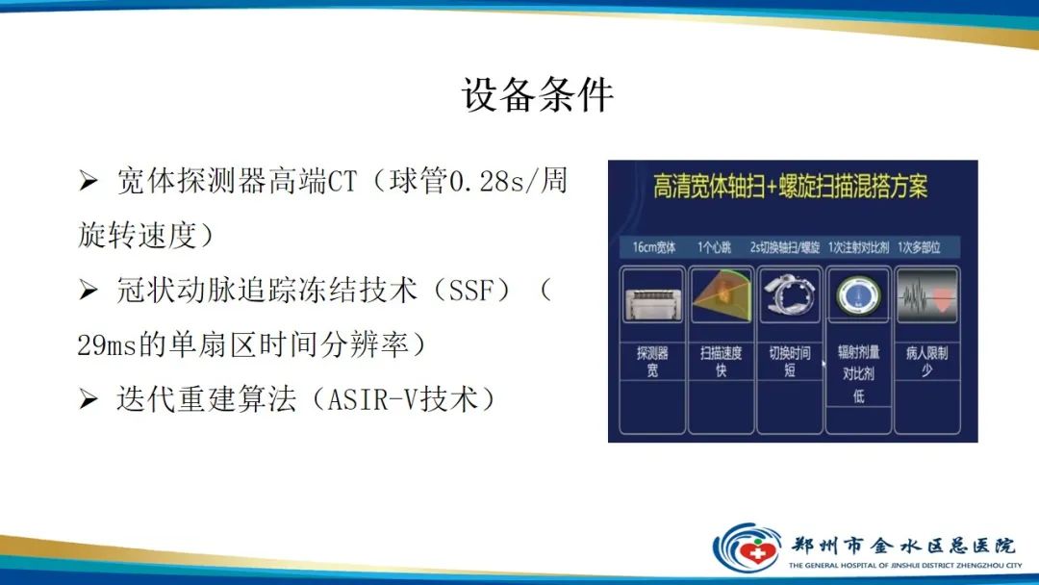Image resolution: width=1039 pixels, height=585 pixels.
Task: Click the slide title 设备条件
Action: click(x=537, y=95)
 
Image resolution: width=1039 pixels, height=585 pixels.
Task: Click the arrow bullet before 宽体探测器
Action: click(x=89, y=182)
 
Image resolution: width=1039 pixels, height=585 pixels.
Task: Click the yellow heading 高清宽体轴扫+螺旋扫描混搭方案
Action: click(x=791, y=187)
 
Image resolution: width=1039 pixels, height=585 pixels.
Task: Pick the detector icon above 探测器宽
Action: click(x=651, y=294)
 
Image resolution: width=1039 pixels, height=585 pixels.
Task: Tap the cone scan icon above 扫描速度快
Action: click(x=721, y=294)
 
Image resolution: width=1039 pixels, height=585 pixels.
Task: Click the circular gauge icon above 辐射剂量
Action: click(x=859, y=294)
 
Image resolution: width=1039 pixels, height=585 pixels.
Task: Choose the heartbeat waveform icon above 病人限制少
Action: click(x=927, y=294)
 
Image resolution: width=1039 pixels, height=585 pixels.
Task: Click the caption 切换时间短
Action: click(x=790, y=361)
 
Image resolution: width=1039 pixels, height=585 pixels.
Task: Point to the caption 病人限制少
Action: click(x=927, y=361)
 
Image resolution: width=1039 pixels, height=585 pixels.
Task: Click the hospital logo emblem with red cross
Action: click(x=748, y=547)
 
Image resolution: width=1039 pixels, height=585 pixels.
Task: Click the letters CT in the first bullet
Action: click(x=342, y=182)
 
